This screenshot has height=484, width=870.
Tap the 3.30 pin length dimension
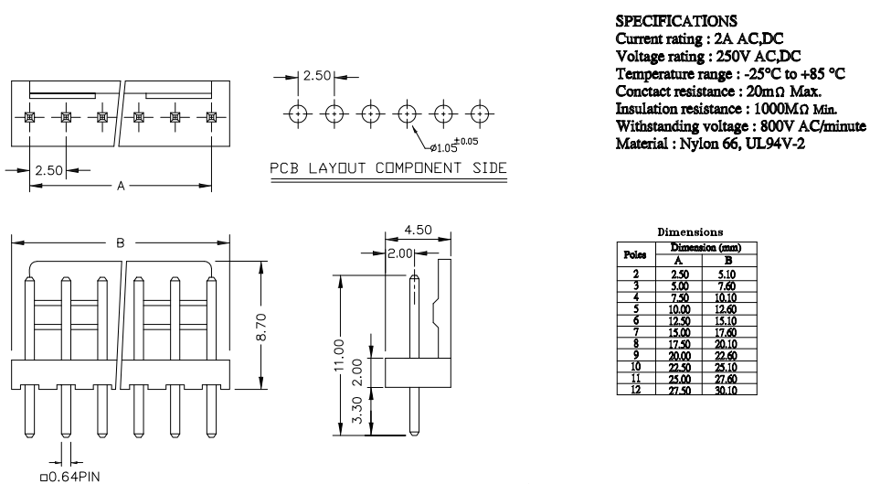tap(357, 409)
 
